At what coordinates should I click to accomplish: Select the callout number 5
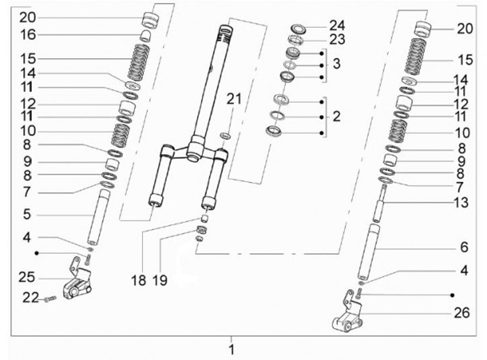25,215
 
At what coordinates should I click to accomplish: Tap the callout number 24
337,25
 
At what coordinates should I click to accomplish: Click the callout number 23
337,40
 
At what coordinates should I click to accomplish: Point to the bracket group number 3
337,66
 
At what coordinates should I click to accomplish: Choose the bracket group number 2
337,116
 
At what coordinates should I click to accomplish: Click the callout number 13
463,202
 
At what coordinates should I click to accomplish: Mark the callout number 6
463,247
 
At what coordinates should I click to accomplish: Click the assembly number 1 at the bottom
231,350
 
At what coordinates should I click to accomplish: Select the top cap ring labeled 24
298,28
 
